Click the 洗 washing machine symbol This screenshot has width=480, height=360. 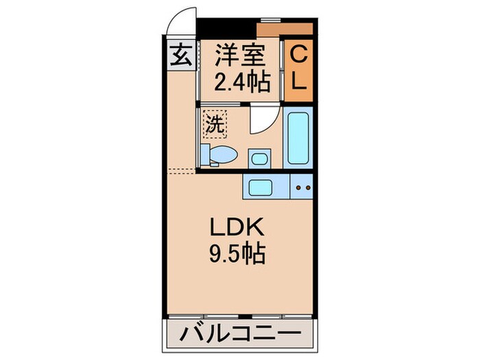click(x=214, y=125)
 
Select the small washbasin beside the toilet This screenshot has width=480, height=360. click(x=259, y=158)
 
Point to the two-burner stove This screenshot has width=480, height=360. click(x=302, y=187)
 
